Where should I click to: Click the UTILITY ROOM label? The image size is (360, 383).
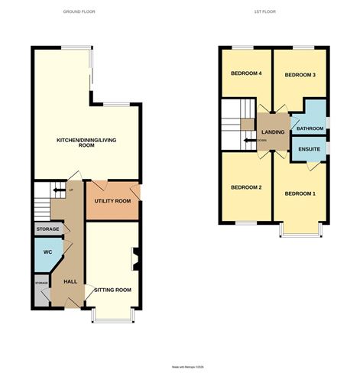click(112, 200)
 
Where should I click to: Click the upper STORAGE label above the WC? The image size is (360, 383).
click(47, 229)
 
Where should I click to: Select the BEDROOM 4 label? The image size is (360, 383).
click(246, 73)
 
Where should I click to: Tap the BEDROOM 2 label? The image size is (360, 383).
click(246, 188)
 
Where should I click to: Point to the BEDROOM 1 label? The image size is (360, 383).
click(300, 193)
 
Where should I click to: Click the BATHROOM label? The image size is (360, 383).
click(310, 128)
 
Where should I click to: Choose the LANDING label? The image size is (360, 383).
click(273, 132)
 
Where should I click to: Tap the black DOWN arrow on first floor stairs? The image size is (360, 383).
click(248, 141)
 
